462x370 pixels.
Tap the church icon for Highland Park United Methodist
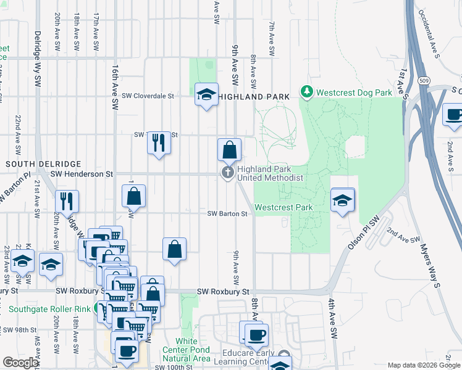point(228,172)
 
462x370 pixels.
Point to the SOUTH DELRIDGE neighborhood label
point(43,164)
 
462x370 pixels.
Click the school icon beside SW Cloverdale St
point(206,94)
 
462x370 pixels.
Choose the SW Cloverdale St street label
point(148,96)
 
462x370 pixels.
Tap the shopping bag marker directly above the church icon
point(229,149)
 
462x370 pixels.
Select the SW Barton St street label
point(227,214)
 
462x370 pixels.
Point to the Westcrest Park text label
point(283,207)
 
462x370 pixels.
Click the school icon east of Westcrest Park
point(343,200)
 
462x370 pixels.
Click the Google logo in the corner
point(20,363)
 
